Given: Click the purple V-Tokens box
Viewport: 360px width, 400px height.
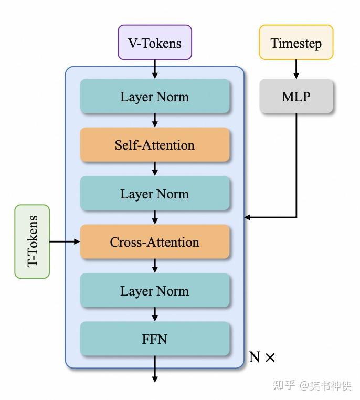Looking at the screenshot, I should point(155,43).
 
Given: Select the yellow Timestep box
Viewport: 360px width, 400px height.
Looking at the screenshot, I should point(296,43).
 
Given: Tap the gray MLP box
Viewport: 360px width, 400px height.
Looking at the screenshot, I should point(296,97).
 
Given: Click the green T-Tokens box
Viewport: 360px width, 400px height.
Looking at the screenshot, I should point(33,241).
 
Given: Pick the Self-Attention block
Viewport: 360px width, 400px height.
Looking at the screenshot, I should point(155,145).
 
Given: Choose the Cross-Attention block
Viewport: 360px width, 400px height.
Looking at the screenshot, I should point(155,242).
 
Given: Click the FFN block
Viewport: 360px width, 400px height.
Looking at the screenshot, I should point(155,339).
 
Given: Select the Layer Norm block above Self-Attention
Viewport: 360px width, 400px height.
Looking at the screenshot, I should point(155,97).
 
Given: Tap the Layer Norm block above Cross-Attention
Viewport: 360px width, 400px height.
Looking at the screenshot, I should point(155,194).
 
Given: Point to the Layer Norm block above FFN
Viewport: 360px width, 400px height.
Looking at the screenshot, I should point(155,291).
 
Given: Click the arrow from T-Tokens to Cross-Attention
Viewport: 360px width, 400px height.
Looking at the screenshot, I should point(65,242).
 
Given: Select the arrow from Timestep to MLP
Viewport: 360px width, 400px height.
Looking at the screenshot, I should point(296,69).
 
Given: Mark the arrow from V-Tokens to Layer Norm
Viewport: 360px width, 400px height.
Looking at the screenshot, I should point(155,69).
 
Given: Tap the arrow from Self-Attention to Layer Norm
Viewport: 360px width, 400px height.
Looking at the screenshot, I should point(155,169).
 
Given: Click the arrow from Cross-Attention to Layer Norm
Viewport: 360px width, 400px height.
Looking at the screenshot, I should point(155,266).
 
